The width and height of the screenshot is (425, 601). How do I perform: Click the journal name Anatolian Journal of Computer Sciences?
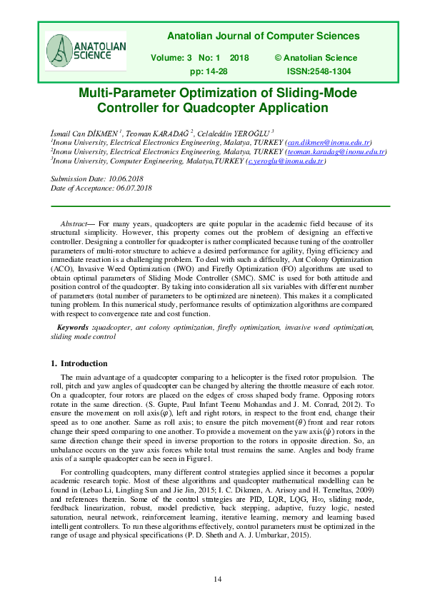tap(263, 36)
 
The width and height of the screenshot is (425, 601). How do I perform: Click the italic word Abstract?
tap(70, 224)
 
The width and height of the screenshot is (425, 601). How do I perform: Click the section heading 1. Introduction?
tap(79, 363)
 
